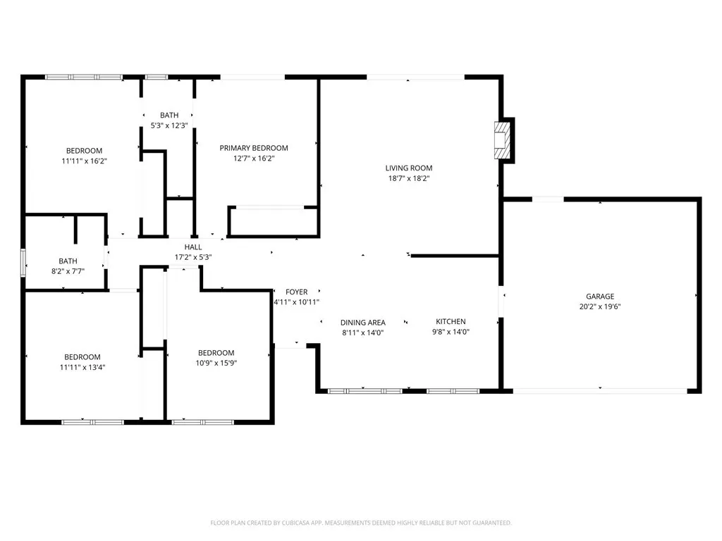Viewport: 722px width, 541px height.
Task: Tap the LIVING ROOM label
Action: pos(408,168)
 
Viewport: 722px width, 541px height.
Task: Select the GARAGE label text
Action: pos(600,297)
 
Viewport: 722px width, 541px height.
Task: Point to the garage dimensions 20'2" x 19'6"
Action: pos(600,306)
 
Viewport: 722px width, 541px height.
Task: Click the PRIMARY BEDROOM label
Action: pos(254,148)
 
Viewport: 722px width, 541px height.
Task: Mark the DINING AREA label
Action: pos(363,323)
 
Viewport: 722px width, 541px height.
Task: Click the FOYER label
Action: pos(296,292)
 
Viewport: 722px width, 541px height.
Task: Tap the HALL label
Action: pos(193,247)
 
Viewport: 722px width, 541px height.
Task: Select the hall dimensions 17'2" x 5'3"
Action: pos(193,257)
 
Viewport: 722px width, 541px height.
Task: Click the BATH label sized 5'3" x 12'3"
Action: pos(169,115)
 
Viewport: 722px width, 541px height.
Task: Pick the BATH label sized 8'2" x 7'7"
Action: pos(68,261)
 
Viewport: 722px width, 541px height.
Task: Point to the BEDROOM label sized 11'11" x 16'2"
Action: pos(84,151)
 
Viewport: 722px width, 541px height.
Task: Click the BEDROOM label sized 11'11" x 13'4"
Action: pos(82,357)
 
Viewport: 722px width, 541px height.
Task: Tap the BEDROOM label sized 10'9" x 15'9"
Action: pos(216,353)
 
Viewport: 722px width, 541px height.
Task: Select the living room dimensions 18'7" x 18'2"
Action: pos(408,178)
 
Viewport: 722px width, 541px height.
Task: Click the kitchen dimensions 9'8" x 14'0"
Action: pos(451,332)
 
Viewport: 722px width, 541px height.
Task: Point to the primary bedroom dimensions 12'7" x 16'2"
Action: pos(254,158)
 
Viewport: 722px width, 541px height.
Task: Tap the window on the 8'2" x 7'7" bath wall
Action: pos(23,261)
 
